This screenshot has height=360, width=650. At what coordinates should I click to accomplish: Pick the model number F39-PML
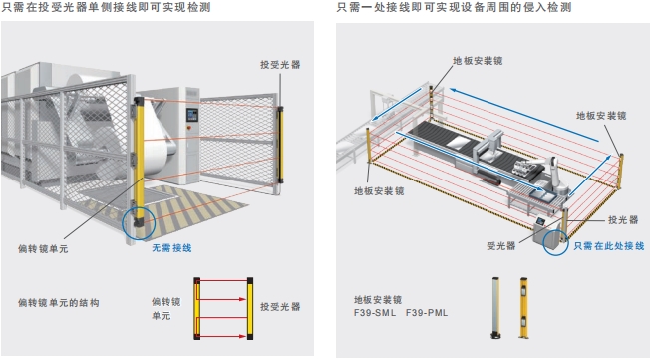(426, 312)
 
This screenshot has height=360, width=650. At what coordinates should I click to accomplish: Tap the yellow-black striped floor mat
(194, 206)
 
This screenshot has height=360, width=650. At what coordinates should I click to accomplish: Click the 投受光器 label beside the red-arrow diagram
(280, 306)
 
